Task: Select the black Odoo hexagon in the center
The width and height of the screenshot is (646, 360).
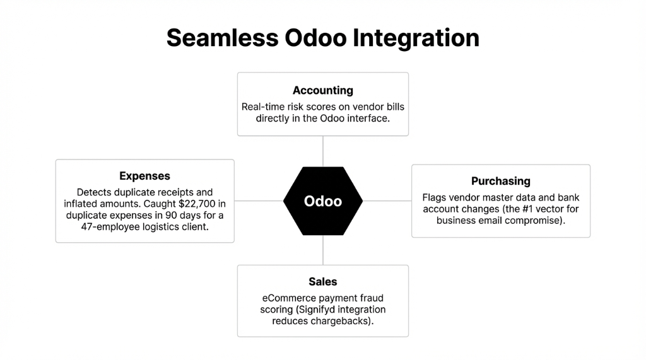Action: click(323, 201)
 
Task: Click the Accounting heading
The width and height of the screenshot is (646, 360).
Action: click(323, 90)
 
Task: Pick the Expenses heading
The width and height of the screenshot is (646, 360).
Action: click(144, 176)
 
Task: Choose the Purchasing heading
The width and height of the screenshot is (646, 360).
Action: click(501, 182)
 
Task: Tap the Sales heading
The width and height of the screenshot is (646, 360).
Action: click(323, 281)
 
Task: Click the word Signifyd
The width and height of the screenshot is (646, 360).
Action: click(322, 310)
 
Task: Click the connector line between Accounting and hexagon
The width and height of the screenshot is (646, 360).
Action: click(323, 151)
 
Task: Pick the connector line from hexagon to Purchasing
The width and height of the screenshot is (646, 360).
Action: click(387, 201)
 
